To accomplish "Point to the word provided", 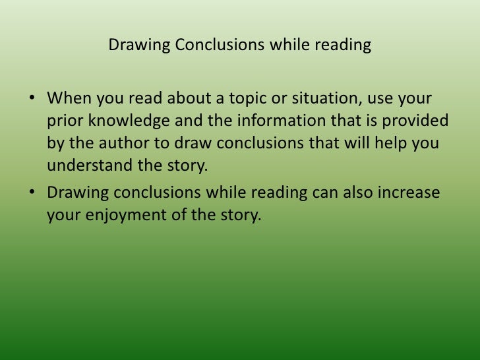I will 419,122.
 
